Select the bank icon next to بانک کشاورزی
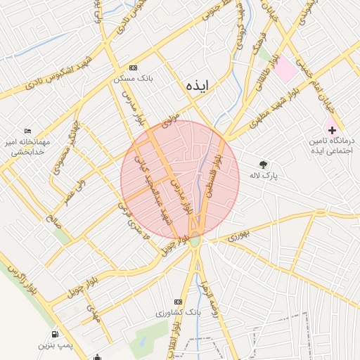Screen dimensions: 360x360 [178, 301]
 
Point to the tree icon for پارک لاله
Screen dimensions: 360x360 [264, 164]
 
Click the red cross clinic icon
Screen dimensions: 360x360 [331, 130]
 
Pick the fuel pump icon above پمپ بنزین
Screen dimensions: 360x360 [55, 334]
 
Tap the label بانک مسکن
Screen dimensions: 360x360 [134, 78]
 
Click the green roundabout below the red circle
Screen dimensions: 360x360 [195, 241]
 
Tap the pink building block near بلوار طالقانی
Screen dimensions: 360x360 [284, 71]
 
